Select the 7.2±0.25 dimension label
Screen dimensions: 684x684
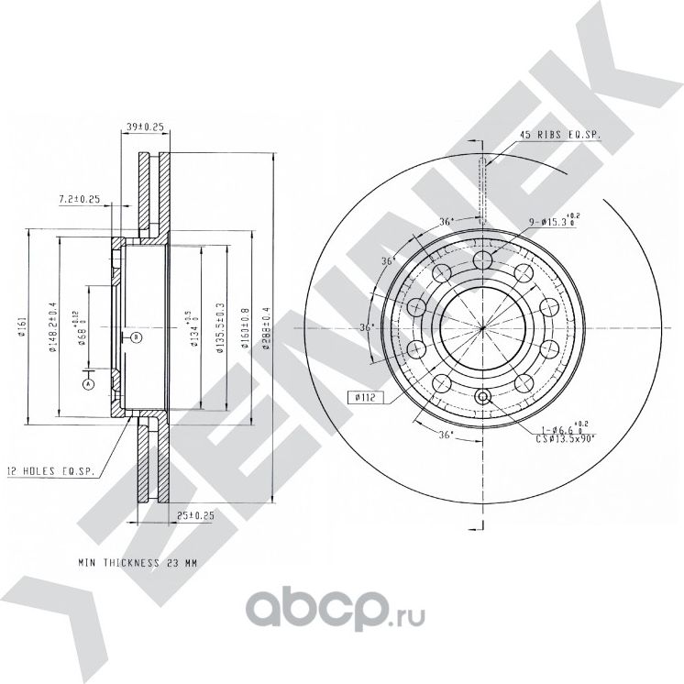point(79,198)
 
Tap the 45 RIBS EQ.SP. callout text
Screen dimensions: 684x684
point(559,135)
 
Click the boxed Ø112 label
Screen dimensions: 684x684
point(364,397)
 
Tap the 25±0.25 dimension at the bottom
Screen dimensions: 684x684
point(194,516)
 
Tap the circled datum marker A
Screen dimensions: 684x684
point(88,384)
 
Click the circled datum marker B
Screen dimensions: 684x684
point(136,337)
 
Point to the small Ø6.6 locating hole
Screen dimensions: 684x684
point(484,397)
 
